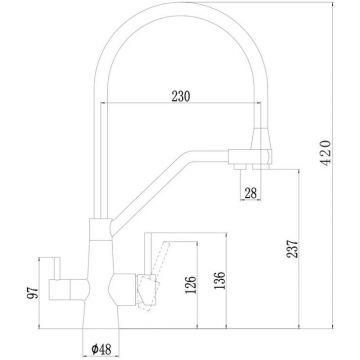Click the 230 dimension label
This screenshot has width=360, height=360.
pyautogui.click(x=181, y=96)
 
